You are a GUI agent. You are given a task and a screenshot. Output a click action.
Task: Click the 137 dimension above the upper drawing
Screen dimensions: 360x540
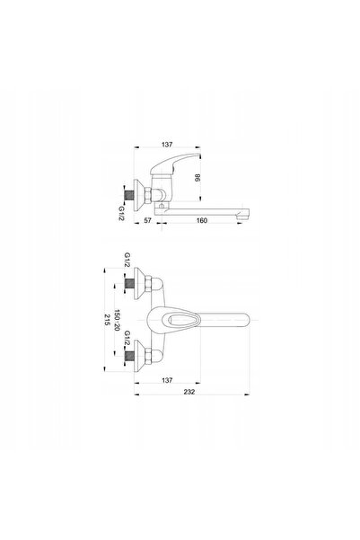pos(167,145)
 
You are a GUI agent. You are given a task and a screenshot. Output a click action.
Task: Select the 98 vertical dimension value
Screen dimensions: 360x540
pos(198,178)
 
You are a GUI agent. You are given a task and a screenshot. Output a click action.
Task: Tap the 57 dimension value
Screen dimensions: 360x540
pos(147,220)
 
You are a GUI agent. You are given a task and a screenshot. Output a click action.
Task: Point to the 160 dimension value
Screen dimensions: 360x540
pos(202,220)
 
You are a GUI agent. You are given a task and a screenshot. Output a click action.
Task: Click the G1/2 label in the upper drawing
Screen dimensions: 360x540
pos(121,213)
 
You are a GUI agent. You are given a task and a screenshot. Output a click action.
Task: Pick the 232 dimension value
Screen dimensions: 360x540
pos(189,392)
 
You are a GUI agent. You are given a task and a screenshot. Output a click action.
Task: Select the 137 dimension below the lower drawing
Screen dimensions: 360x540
pos(167,380)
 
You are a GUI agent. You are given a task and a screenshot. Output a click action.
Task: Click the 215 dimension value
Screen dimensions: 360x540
pos(107,320)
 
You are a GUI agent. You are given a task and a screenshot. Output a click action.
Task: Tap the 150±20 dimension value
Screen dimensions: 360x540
pos(117,320)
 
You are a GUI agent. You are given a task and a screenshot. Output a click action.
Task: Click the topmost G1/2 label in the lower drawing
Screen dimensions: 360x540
pos(127,260)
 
